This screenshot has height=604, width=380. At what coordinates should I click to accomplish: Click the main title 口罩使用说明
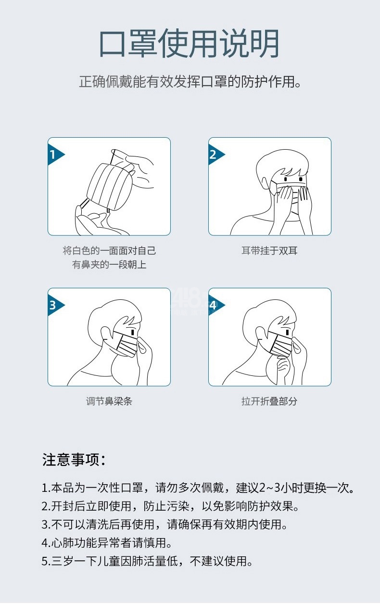tap(189, 43)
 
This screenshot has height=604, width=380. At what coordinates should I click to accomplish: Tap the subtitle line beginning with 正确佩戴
tap(190, 81)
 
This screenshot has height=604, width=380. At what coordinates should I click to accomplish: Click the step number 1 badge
tap(56, 154)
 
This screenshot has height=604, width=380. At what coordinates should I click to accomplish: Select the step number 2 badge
tap(216, 154)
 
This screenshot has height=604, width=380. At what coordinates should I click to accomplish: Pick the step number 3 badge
tap(56, 305)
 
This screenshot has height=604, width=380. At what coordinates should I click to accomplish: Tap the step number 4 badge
tap(216, 305)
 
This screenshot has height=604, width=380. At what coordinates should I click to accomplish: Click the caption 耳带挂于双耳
tap(269, 251)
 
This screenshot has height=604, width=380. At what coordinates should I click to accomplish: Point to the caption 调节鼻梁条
tap(109, 401)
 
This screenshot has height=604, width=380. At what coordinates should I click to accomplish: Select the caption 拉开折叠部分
tap(269, 401)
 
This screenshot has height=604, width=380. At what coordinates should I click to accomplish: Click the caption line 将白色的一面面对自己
tap(109, 251)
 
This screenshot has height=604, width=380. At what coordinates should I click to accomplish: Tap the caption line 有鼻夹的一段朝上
tap(109, 265)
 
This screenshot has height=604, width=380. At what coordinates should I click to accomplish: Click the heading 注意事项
tap(74, 460)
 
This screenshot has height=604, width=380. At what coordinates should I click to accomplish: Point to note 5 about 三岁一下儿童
tap(147, 561)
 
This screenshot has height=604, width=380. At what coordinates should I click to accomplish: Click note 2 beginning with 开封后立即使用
tap(170, 506)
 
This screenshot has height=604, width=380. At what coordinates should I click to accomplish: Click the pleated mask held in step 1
tap(111, 187)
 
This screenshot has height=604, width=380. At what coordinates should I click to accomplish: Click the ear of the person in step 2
tap(266, 183)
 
